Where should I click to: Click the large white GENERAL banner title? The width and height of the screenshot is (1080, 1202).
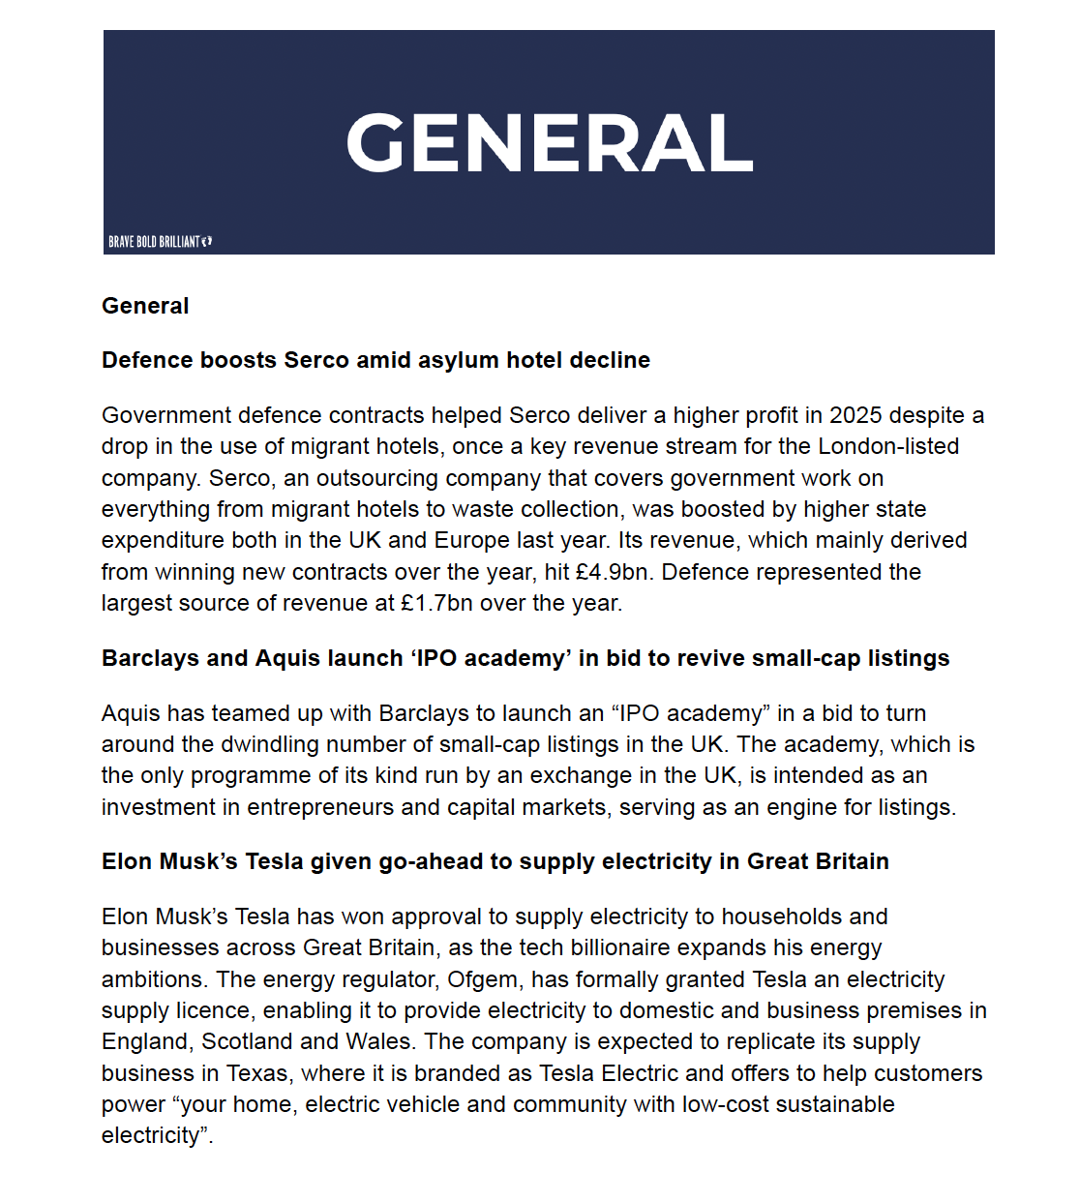[x=549, y=143]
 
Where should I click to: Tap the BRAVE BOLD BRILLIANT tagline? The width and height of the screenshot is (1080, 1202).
[x=154, y=242]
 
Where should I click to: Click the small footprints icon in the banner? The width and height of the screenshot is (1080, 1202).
[x=207, y=241]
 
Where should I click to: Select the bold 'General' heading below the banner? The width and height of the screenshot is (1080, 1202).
[x=145, y=306]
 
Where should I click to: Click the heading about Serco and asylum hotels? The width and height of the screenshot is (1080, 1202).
[x=375, y=360]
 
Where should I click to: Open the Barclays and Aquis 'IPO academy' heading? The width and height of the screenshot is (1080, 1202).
[x=525, y=658]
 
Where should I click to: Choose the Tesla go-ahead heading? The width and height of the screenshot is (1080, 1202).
[x=495, y=861]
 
